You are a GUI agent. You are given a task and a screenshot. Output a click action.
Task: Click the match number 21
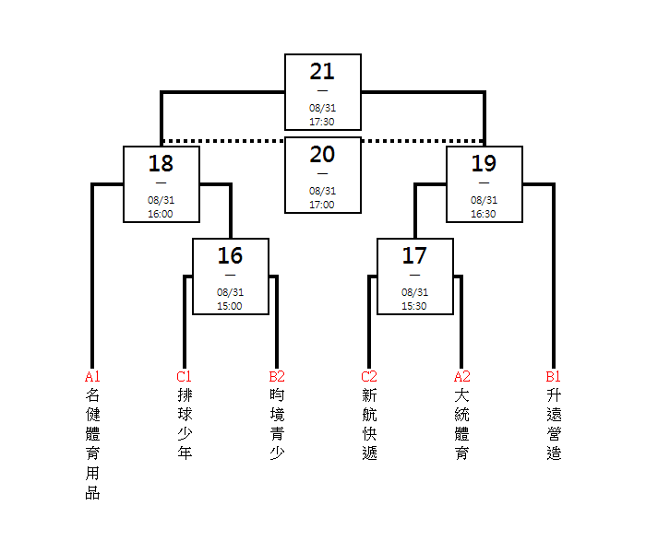322,72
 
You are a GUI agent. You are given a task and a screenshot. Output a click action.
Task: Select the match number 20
322,155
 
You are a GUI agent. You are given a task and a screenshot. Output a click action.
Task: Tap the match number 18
161,164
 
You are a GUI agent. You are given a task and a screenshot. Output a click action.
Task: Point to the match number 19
484,164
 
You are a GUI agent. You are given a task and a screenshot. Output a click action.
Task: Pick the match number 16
230,256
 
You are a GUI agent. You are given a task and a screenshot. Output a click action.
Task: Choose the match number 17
414,256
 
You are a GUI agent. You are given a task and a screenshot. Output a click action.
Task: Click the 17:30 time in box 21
322,122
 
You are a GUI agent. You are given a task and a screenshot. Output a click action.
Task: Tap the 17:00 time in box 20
322,205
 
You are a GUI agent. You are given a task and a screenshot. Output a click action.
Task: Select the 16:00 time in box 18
161,214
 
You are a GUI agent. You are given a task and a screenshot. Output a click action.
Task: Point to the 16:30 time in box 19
484,214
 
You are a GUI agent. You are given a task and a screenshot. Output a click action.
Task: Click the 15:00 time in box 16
230,306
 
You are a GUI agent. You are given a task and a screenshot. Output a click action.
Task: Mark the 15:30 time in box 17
414,306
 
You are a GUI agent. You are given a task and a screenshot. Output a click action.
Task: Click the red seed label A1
92,376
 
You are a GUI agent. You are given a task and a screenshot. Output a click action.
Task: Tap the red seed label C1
185,376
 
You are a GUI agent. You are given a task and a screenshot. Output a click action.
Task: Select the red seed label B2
277,376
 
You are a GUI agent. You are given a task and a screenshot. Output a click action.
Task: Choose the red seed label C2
369,376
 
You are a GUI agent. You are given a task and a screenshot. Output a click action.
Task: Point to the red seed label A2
461,376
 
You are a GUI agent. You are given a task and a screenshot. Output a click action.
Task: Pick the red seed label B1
554,376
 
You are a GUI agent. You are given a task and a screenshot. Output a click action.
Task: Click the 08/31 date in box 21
323,108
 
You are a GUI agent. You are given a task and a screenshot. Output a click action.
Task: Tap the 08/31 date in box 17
415,292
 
